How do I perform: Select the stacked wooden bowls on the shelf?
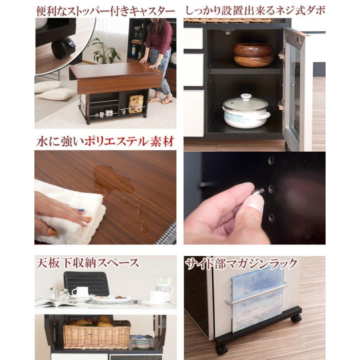253,54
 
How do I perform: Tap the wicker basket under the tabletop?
96,334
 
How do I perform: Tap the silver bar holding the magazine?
256,294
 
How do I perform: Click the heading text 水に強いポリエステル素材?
105,142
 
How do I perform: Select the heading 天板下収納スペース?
87,263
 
